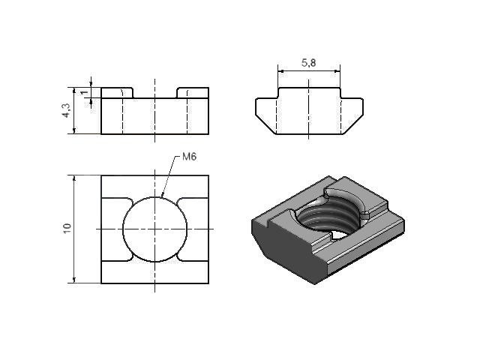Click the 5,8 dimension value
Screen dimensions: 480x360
pyautogui.click(x=308, y=63)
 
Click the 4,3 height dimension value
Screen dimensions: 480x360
pyautogui.click(x=66, y=110)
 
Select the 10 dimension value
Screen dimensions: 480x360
pyautogui.click(x=67, y=228)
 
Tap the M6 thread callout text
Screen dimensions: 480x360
pyautogui.click(x=189, y=157)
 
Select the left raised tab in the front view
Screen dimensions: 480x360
pyautogui.click(x=117, y=93)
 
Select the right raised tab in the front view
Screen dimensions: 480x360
pyautogui.click(x=193, y=93)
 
